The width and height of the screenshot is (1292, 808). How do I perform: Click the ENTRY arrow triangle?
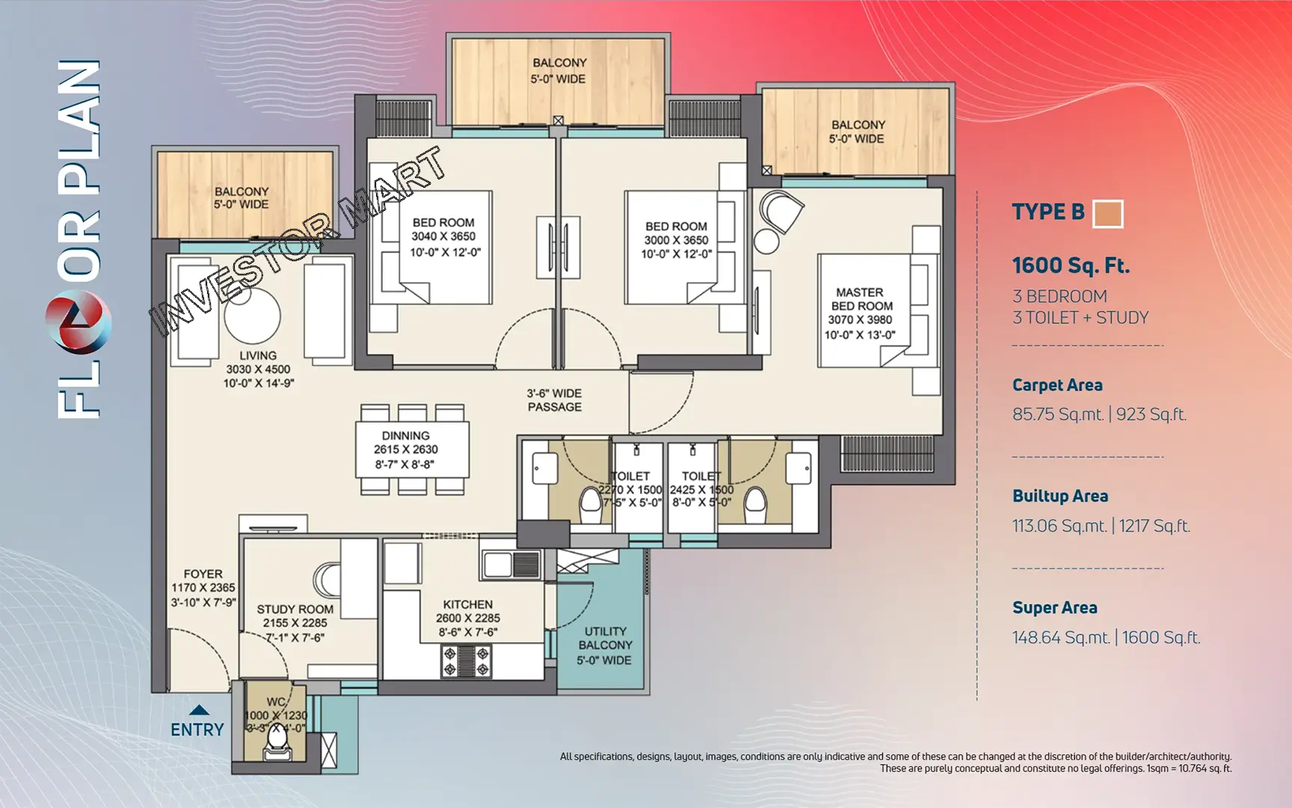pyautogui.click(x=198, y=710)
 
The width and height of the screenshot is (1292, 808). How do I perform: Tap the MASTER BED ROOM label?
pyautogui.click(x=860, y=299)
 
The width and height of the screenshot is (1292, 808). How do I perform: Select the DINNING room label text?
pyautogui.click(x=405, y=435)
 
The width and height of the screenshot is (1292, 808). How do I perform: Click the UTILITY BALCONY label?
pyautogui.click(x=605, y=638)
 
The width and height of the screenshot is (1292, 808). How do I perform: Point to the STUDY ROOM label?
pyautogui.click(x=295, y=609)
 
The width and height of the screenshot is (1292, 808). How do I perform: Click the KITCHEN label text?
pyautogui.click(x=467, y=604)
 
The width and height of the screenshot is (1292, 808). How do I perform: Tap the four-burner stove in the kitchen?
pyautogui.click(x=467, y=661)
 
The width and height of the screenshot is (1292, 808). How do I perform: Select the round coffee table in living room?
pyautogui.click(x=252, y=316)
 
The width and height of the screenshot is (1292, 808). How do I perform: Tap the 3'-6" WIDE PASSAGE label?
pyautogui.click(x=554, y=400)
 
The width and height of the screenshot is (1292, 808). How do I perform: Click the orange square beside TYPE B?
pyautogui.click(x=1107, y=213)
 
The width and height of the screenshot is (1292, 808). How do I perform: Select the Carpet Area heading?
pyautogui.click(x=1056, y=385)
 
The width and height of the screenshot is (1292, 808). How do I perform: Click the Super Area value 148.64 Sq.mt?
pyautogui.click(x=1060, y=637)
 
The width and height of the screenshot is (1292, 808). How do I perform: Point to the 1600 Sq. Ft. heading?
pyautogui.click(x=1070, y=266)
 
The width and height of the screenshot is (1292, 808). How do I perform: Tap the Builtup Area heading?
pyautogui.click(x=1059, y=496)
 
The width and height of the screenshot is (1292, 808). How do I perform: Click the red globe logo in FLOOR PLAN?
pyautogui.click(x=79, y=322)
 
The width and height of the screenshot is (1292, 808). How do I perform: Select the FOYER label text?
pyautogui.click(x=203, y=574)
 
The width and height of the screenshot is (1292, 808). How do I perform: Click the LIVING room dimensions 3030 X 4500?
pyautogui.click(x=258, y=369)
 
